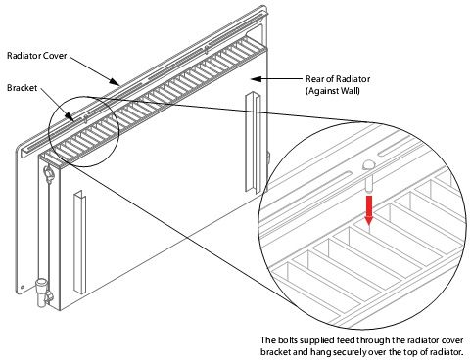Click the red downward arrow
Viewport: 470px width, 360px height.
pyautogui.click(x=368, y=210)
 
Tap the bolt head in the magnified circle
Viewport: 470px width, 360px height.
pyautogui.click(x=369, y=165)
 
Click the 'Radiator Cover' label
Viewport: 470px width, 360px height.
pyautogui.click(x=37, y=56)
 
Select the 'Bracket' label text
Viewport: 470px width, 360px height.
pyautogui.click(x=23, y=88)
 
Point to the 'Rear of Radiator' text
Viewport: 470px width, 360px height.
pyautogui.click(x=338, y=79)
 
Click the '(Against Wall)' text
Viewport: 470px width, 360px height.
pyautogui.click(x=333, y=91)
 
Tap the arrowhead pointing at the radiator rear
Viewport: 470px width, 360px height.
pyautogui.click(x=257, y=79)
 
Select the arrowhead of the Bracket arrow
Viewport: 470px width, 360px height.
pyautogui.click(x=70, y=116)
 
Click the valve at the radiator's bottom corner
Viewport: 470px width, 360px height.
pyautogui.click(x=43, y=292)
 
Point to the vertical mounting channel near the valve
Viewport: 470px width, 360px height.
pyautogui.click(x=79, y=242)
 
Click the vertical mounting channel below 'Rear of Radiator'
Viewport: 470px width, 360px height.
pyautogui.click(x=253, y=142)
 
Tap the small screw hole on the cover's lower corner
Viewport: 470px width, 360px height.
pyautogui.click(x=23, y=288)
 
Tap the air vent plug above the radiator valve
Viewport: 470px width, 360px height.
pyautogui.click(x=49, y=173)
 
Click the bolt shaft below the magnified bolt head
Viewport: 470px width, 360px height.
pyautogui.click(x=369, y=183)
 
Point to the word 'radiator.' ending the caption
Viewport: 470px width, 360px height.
pyautogui.click(x=447, y=352)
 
